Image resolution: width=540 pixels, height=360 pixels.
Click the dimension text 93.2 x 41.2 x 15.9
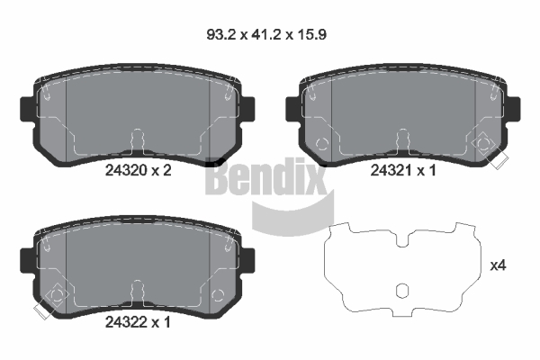266,34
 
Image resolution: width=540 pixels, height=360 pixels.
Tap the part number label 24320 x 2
138,170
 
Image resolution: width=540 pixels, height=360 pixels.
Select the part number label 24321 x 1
403,170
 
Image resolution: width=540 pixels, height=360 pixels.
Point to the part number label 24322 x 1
138,322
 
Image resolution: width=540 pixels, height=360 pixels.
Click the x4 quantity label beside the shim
498,265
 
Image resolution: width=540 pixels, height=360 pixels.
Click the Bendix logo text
265,176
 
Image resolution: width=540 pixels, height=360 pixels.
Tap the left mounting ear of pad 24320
27,109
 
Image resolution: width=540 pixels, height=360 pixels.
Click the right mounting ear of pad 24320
248,109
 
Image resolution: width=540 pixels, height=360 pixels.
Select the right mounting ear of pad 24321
513,109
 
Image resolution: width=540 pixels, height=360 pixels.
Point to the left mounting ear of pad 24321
292,109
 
